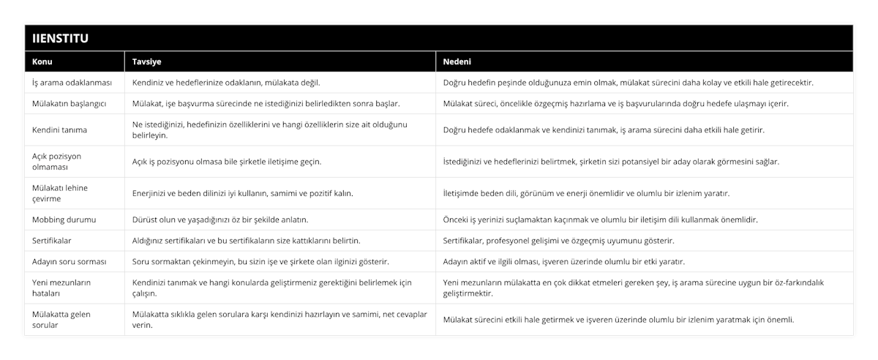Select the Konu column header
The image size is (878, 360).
tap(42, 62)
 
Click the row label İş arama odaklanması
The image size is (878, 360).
tap(72, 83)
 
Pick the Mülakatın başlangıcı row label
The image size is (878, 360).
tap(70, 104)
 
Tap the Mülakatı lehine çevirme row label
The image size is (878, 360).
tap(61, 193)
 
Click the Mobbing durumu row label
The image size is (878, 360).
tap(65, 219)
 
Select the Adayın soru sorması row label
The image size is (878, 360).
tap(70, 261)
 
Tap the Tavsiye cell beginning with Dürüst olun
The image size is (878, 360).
tap(219, 219)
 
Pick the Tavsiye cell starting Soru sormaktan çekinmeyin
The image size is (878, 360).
tap(260, 261)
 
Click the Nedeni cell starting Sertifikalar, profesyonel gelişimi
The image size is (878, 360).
tap(559, 240)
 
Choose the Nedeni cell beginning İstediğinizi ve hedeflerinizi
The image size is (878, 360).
tap(612, 162)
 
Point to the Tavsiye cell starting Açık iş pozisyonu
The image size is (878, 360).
tap(226, 162)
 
